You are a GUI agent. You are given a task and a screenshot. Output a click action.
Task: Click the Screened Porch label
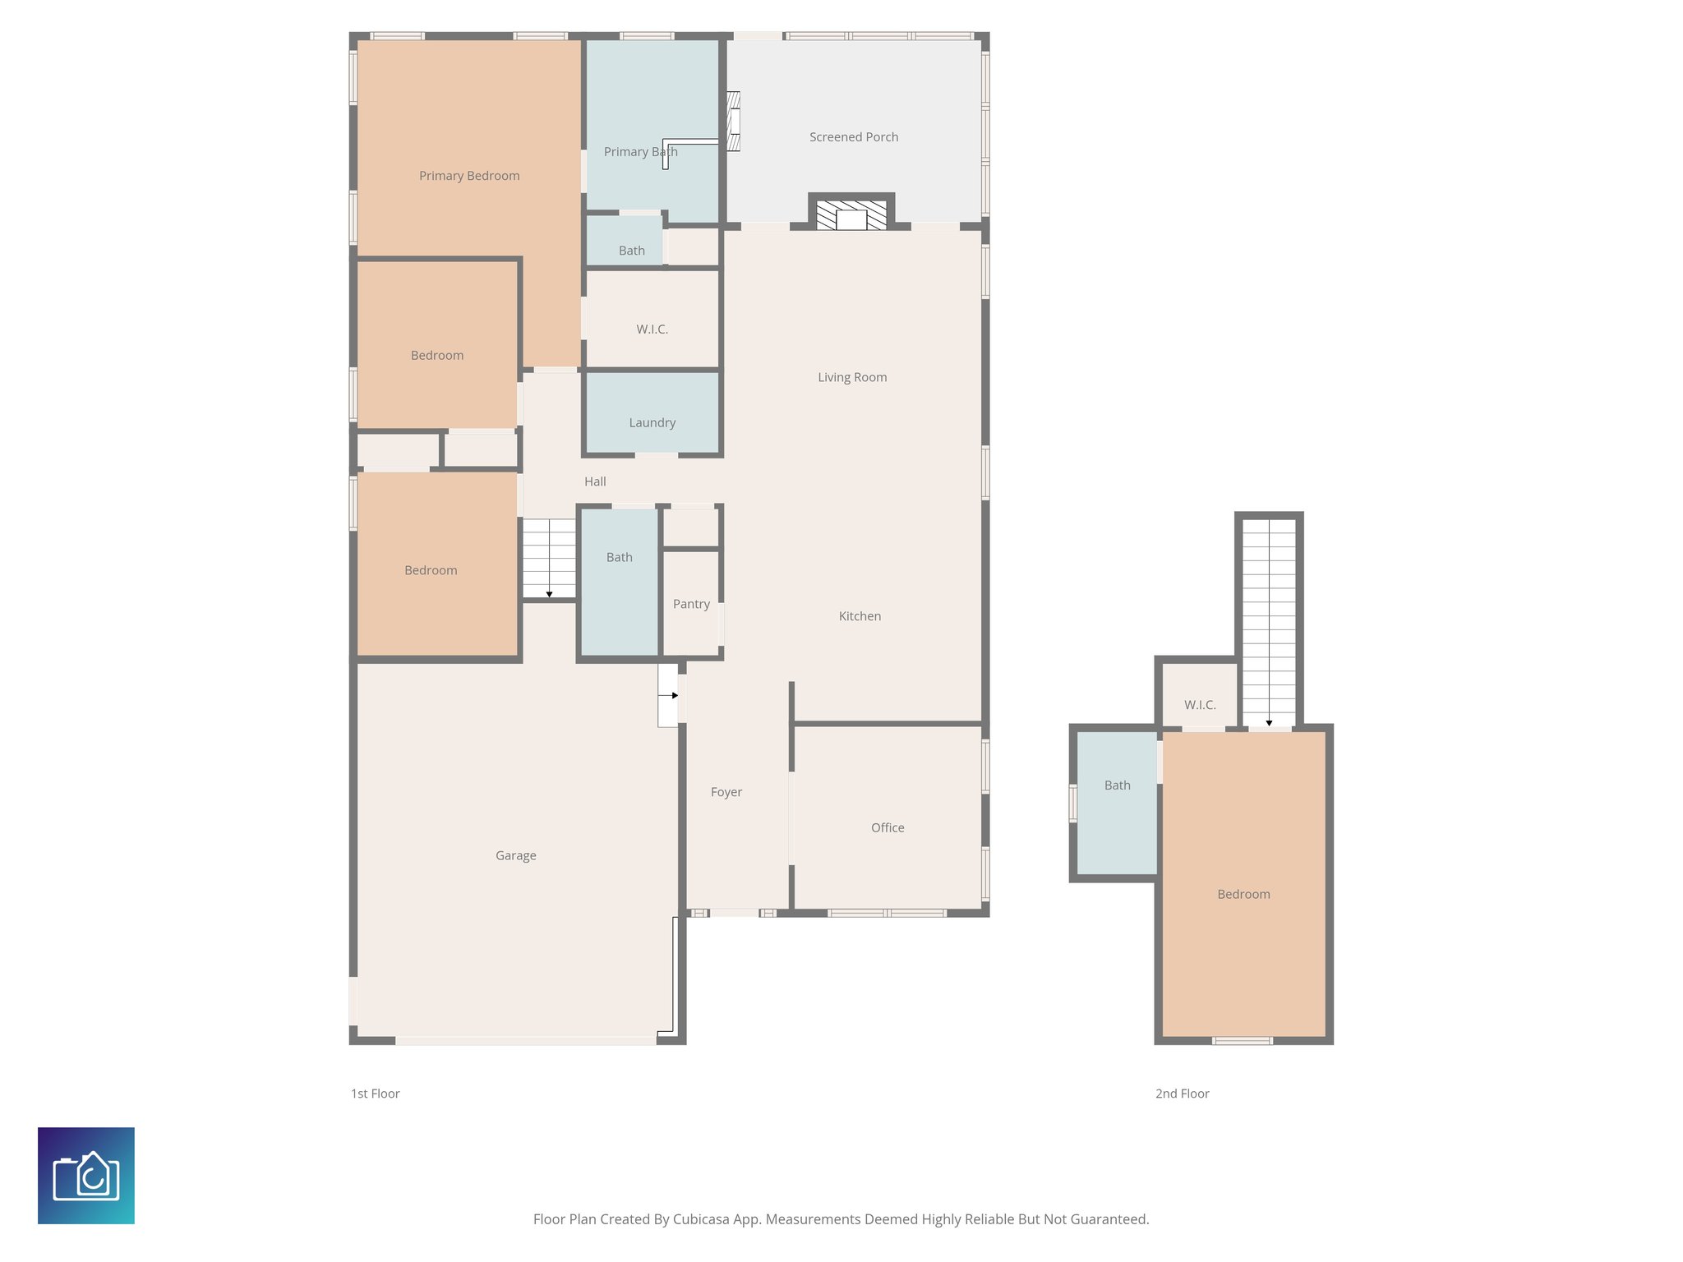point(853,137)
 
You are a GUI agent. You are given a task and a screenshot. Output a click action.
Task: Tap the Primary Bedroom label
point(468,176)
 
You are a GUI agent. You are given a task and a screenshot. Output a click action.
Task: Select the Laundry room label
point(652,422)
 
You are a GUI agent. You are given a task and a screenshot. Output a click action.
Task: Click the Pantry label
point(691,604)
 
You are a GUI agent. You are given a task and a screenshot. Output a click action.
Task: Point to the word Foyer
point(726,792)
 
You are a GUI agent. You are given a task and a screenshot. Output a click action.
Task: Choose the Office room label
point(888,827)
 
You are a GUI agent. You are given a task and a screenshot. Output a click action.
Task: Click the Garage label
point(515,855)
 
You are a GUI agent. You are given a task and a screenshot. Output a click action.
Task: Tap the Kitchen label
point(860,616)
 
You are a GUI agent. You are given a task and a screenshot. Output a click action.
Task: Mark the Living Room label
point(852,377)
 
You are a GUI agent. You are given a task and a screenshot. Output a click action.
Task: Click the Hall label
point(595,481)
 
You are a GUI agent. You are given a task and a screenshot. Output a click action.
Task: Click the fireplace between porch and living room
point(851,215)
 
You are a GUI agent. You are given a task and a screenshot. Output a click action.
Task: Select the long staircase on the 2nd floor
point(1269,620)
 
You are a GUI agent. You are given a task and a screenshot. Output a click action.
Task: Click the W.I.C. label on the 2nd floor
point(1200,705)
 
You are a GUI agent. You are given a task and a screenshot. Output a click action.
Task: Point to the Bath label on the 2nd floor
point(1117,785)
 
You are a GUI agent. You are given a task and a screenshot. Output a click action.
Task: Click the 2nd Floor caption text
point(1182,1094)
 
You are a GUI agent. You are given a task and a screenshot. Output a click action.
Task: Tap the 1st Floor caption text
point(375,1094)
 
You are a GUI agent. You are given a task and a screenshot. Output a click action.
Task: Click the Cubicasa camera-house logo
point(86,1175)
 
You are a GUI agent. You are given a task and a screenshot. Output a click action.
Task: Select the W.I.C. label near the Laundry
point(652,329)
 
